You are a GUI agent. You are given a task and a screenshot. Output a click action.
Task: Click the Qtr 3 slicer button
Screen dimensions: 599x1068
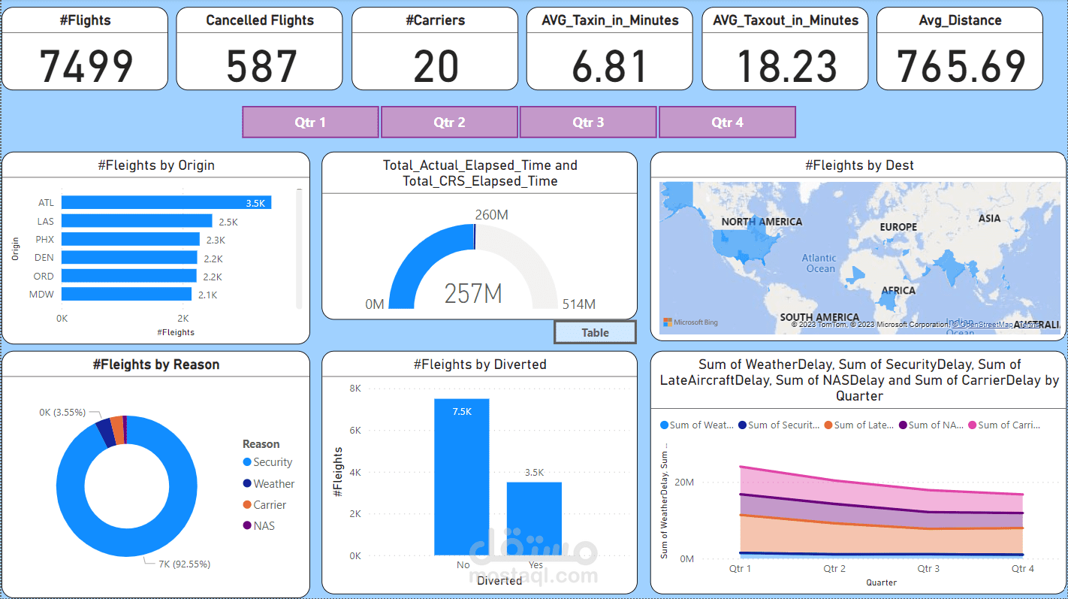588,123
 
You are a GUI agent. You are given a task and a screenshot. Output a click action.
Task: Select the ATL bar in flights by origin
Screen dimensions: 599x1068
166,203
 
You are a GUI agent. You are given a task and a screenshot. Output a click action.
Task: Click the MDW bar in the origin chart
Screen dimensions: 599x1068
126,295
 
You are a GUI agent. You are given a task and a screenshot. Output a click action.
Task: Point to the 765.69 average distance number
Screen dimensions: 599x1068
961,65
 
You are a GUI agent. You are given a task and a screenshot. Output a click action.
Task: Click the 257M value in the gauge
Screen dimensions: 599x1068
472,293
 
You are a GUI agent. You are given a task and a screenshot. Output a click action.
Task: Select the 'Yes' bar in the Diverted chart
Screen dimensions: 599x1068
534,519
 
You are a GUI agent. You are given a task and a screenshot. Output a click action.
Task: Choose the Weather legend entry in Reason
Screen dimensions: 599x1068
273,484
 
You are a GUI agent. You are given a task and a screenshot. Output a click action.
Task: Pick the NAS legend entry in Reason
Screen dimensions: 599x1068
264,526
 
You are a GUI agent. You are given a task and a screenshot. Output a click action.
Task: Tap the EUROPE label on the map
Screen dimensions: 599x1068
898,227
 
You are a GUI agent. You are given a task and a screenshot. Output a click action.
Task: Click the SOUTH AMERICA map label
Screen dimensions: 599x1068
819,318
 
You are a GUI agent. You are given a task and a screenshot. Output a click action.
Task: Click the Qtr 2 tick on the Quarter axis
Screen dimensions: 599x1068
834,569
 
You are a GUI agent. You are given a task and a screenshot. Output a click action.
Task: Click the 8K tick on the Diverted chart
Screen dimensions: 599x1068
354,389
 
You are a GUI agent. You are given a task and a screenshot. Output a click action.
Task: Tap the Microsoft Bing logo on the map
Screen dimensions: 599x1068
690,322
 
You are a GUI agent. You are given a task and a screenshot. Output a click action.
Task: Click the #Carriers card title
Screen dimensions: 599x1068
435,20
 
